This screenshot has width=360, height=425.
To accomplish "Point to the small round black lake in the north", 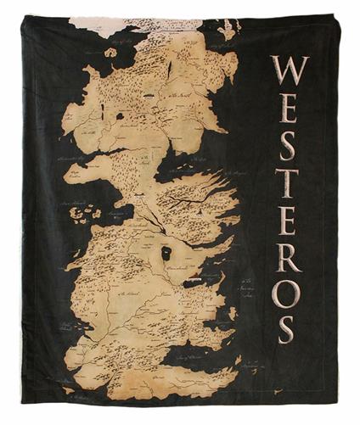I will [119, 115].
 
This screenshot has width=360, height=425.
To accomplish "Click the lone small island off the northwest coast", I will [110, 53].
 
